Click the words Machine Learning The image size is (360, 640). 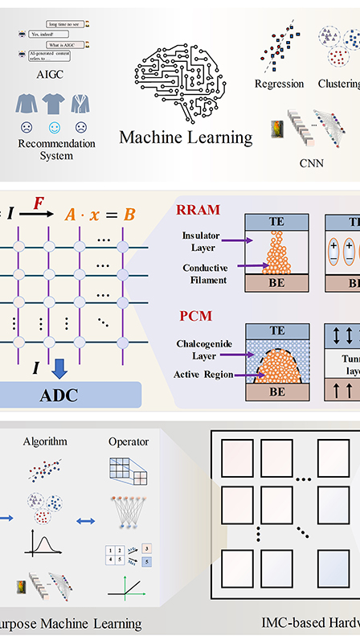pos(186,137)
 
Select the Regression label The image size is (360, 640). pos(280,84)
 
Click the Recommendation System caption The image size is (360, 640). pos(56,150)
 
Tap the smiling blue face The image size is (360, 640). pos(55,127)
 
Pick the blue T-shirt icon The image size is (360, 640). pos(55,102)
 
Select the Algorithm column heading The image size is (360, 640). pos(44,441)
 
